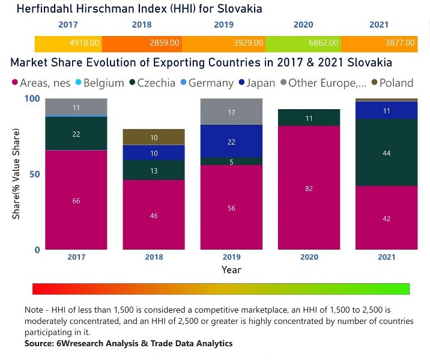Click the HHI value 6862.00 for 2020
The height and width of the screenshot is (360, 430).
tap(324, 44)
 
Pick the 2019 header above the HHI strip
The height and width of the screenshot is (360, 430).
tap(223, 25)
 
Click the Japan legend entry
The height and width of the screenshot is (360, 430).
tap(255, 83)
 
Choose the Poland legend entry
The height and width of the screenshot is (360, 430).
tap(392, 83)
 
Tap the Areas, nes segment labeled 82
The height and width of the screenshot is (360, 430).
tap(309, 188)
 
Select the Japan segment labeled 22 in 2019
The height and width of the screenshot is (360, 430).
tap(231, 142)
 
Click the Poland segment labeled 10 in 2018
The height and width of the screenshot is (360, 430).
tap(154, 137)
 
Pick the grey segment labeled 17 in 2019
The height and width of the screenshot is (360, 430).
tap(231, 112)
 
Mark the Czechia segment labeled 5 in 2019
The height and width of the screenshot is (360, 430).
tap(231, 161)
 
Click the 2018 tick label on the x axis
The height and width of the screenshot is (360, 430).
tap(154, 257)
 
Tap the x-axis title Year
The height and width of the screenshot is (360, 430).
tap(231, 270)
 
